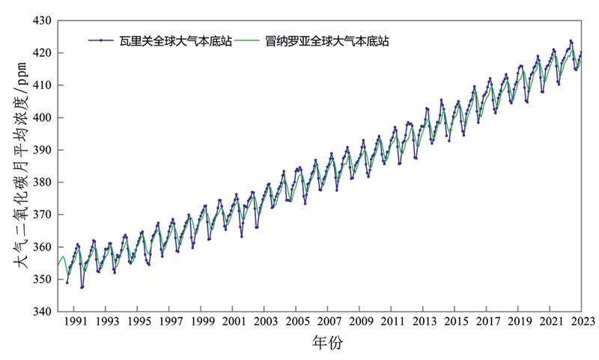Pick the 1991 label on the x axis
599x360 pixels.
click(74, 322)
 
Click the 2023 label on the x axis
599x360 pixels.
click(583, 322)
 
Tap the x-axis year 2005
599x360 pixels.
click(297, 322)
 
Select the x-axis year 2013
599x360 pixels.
click(424, 322)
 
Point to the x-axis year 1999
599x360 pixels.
click(201, 322)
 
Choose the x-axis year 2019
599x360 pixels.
click(519, 322)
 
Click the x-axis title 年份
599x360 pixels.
click(327, 344)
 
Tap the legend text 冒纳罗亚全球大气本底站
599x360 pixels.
click(327, 41)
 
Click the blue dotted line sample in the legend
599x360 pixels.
click(101, 41)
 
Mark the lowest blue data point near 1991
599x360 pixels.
click(82, 287)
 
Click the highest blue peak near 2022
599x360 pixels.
click(571, 41)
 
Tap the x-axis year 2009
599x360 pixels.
click(360, 322)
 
